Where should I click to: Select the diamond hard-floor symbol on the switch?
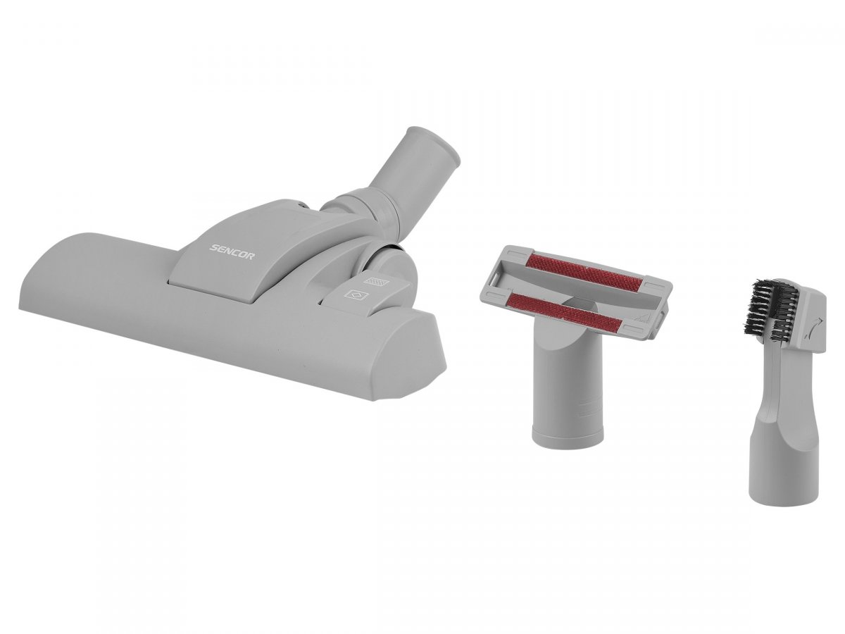[356, 295]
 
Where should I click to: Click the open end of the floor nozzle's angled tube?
[444, 143]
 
